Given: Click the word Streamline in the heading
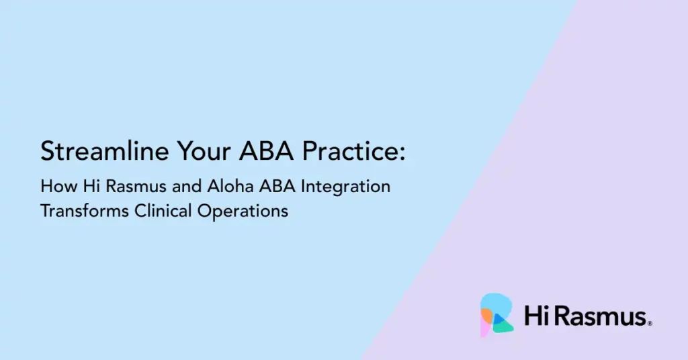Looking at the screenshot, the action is [104, 151].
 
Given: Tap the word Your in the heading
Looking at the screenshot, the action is [204, 151].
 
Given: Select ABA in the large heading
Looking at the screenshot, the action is [266, 151].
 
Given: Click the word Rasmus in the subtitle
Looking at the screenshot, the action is [136, 186].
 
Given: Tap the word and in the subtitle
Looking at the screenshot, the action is [187, 186].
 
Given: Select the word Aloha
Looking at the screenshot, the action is [230, 186].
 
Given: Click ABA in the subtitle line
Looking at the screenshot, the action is [277, 186].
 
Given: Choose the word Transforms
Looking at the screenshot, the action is [85, 211].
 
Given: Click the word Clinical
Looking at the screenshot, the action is [163, 211].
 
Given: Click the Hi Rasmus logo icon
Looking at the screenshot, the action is [497, 315].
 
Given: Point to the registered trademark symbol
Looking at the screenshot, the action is [650, 324].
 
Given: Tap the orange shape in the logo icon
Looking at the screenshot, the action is [487, 315].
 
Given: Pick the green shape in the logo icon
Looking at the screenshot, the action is [504, 325].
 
